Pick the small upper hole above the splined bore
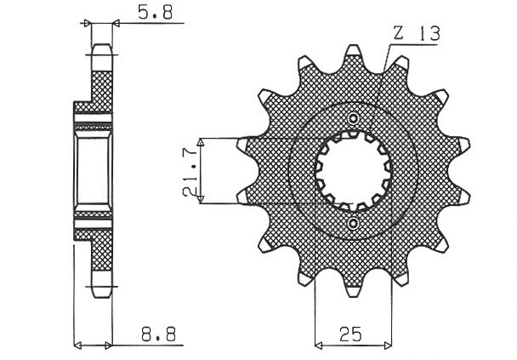(x=354, y=117)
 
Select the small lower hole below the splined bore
(x=354, y=223)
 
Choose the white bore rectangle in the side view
(x=91, y=169)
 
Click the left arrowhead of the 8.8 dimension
(x=79, y=346)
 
